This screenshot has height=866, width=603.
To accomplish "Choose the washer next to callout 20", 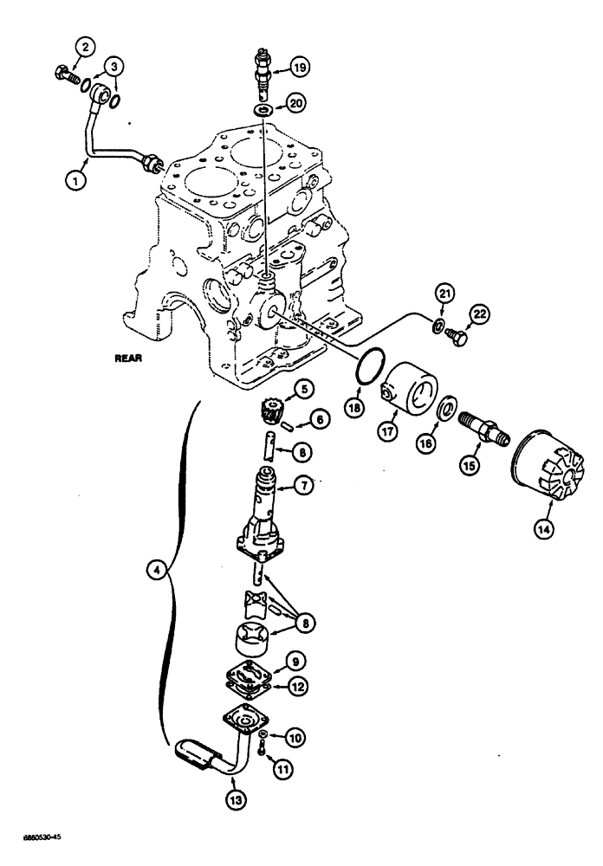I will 262,111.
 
